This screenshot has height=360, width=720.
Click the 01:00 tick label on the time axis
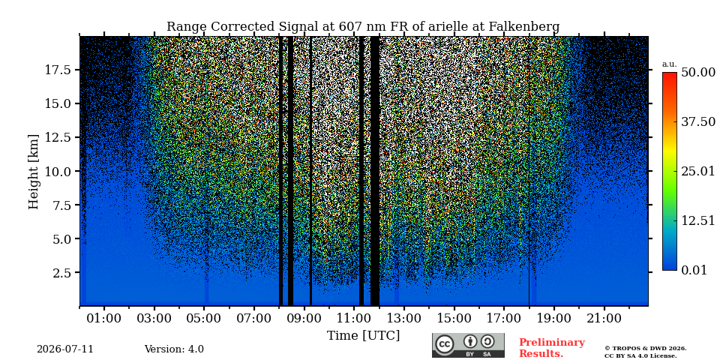tap(104, 319)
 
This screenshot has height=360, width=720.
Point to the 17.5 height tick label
tap(58, 70)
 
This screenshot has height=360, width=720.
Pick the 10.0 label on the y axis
tap(58, 171)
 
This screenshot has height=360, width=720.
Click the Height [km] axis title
tap(34, 172)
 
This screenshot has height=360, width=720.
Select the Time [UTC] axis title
tap(363, 336)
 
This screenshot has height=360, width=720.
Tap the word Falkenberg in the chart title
tap(524, 27)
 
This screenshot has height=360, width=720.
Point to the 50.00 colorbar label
tap(698, 73)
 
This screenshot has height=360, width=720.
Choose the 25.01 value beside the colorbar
tap(698, 172)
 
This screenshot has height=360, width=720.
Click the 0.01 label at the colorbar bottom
tap(694, 270)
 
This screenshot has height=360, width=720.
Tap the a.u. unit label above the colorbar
tap(670, 64)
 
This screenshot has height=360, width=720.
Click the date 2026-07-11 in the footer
tap(65, 349)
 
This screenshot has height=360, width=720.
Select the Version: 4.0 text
tap(174, 349)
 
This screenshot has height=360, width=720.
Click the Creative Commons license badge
tap(468, 345)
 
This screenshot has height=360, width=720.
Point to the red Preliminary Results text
tap(552, 348)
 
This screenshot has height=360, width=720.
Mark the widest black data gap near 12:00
tap(375, 171)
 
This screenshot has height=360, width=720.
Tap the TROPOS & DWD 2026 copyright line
tap(646, 349)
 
